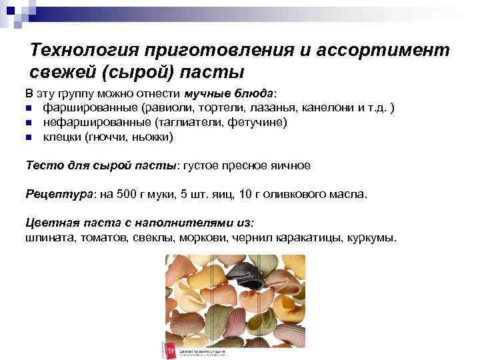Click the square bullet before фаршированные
pos(29,107)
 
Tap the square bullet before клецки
pos(29,138)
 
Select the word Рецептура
pos(61,195)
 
